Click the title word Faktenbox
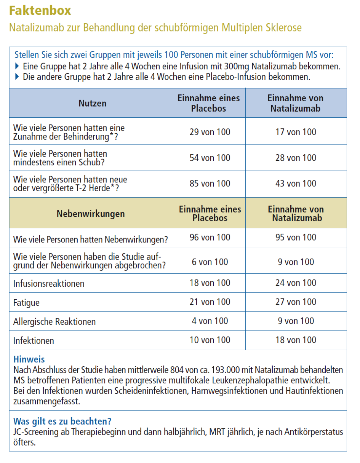[x=40, y=10]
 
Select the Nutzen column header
[x=93, y=103]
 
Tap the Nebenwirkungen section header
[x=91, y=214]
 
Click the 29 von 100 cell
[x=210, y=132]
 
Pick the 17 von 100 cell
[x=296, y=132]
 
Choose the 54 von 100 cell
[x=210, y=158]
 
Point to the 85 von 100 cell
[x=210, y=184]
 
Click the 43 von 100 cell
[x=296, y=184]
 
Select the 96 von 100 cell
[x=210, y=238]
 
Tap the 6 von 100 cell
[x=210, y=262]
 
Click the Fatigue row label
[x=26, y=303]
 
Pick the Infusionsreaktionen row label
[x=49, y=284]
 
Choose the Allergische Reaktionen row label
[x=54, y=322]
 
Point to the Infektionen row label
[x=34, y=340]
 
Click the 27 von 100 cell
[x=296, y=302]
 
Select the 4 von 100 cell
[x=210, y=321]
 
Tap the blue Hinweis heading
[x=29, y=359]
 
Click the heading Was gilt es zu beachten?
[x=62, y=421]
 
